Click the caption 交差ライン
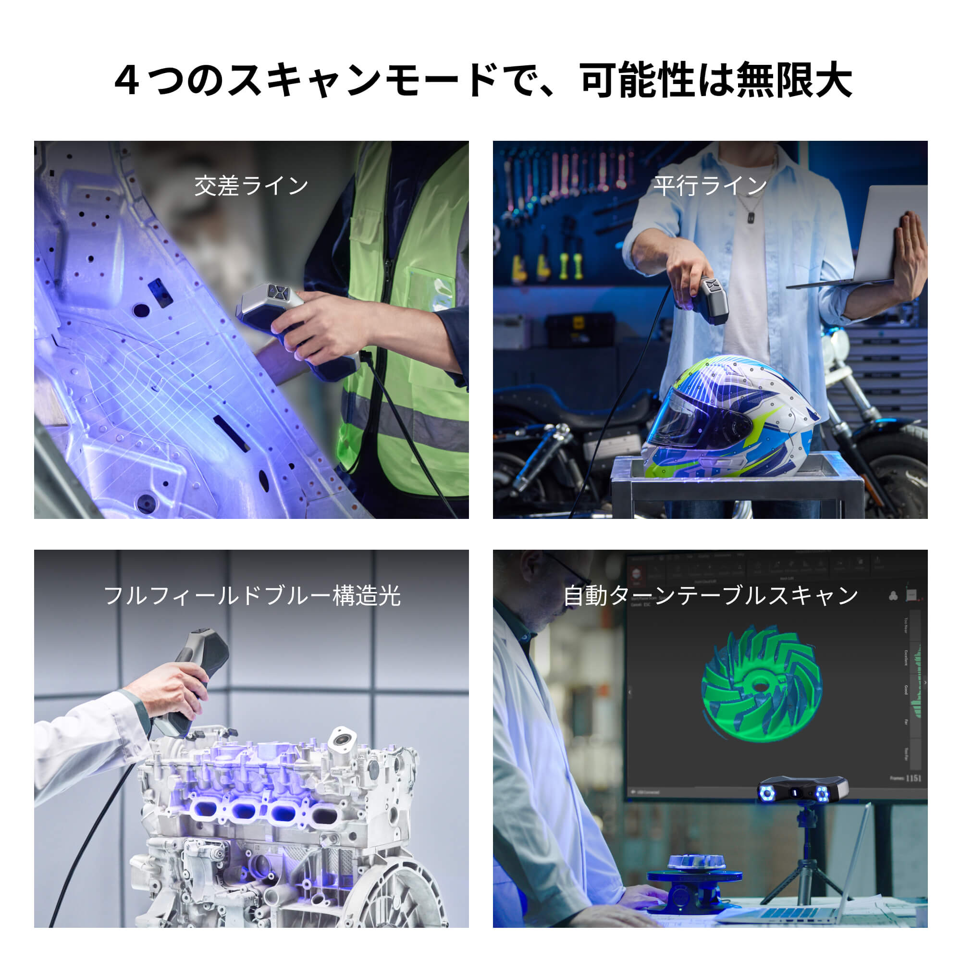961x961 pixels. pyautogui.click(x=251, y=186)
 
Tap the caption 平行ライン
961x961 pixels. pyautogui.click(x=710, y=186)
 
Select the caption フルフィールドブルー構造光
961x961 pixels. pyautogui.click(x=251, y=595)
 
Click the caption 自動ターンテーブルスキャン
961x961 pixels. pyautogui.click(x=710, y=595)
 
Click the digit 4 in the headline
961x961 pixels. pyautogui.click(x=127, y=81)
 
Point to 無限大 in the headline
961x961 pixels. pyautogui.click(x=794, y=81)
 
